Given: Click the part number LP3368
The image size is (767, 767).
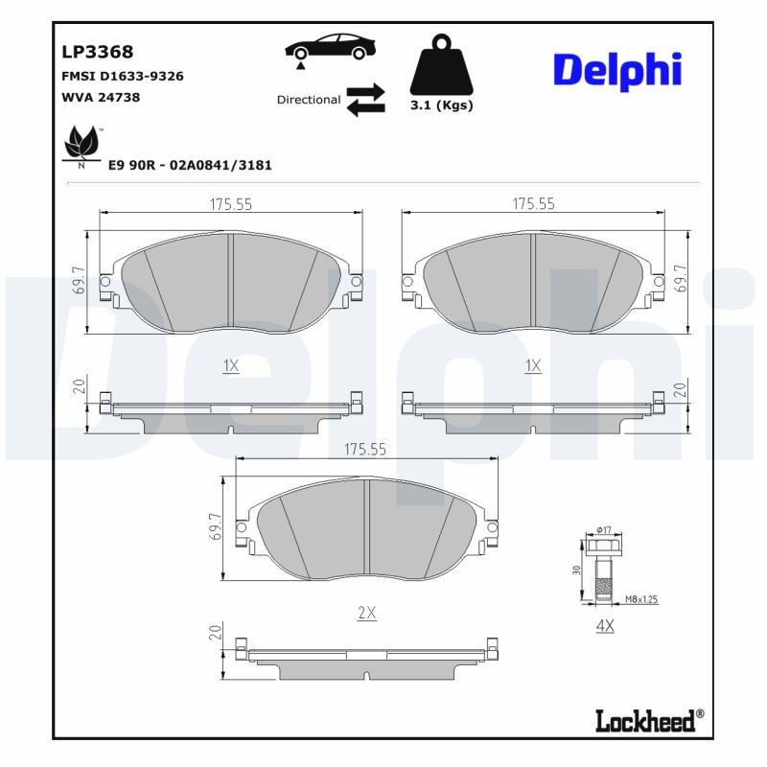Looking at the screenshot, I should tap(98, 52).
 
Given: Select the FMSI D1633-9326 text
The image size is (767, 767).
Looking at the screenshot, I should tap(122, 76).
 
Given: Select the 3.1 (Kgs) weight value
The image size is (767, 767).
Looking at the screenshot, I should tap(441, 106).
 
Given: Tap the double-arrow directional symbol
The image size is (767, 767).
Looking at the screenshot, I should tap(365, 100).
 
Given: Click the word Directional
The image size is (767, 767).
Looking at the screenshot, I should tap(309, 100).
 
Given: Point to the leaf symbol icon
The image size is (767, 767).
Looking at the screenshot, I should tap(81, 147).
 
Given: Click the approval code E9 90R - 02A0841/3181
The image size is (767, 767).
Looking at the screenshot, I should tap(190, 165).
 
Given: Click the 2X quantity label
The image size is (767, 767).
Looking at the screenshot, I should tap(365, 614).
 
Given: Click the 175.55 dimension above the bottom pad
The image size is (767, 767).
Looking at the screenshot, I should tap(365, 449).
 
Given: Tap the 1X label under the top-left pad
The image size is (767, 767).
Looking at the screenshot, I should tap(230, 365).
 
